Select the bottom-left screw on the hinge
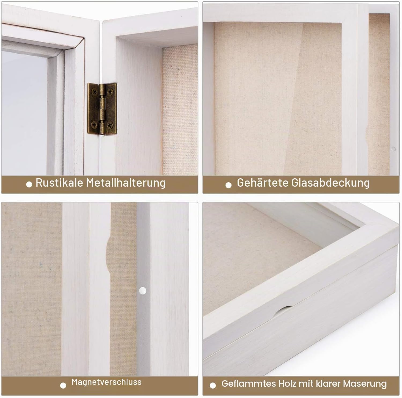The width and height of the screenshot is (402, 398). pos(94,124)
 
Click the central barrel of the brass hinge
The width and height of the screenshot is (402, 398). pos(102,109)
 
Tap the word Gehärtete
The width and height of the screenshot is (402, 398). pos(263,183)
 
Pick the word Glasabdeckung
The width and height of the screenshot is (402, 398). pos(331,183)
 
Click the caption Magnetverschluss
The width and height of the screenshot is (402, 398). pos(106,382)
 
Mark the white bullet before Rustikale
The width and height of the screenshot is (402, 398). pos(29,184)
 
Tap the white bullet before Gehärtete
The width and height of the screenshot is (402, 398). pos(228,185)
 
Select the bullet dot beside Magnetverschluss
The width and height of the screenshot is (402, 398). pos(63,386)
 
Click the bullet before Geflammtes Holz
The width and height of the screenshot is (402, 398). pos(213,386)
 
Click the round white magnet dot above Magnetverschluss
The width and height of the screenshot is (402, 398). pos(143,290)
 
